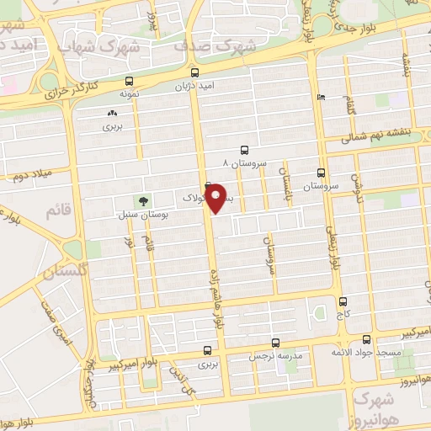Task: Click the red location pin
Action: [x=216, y=199]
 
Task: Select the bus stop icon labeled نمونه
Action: [x=128, y=82]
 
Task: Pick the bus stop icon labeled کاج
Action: [x=342, y=301]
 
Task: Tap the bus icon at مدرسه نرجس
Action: [x=276, y=343]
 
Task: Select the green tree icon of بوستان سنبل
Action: [x=142, y=201]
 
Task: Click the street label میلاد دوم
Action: [x=31, y=177]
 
